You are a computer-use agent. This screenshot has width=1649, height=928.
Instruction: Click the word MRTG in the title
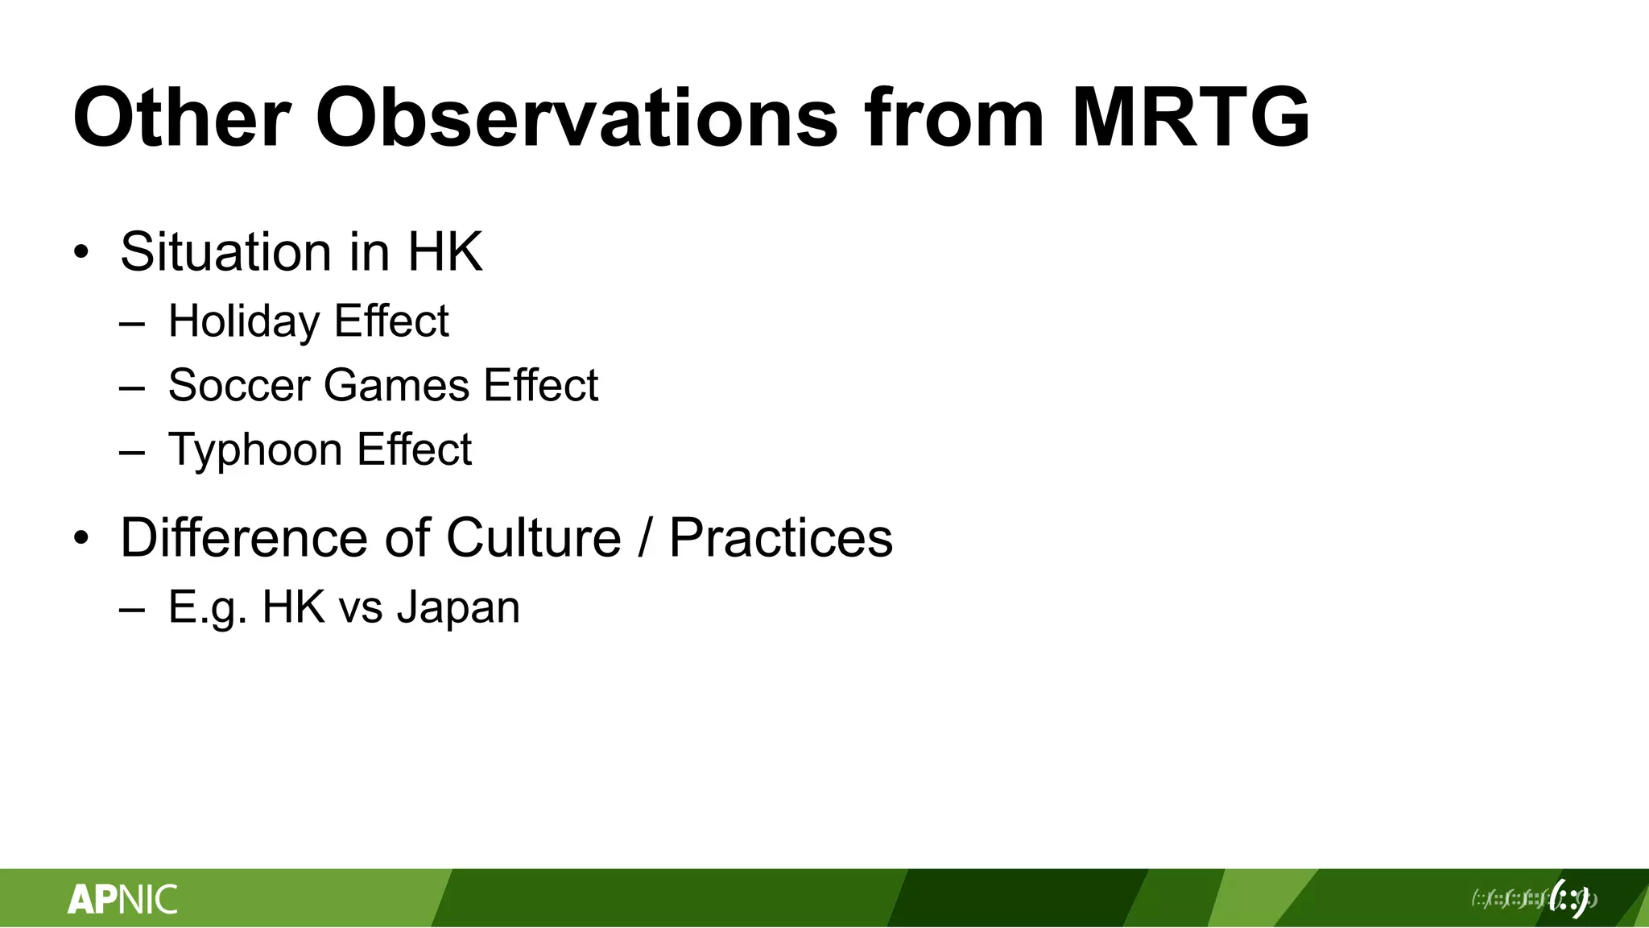(x=1190, y=118)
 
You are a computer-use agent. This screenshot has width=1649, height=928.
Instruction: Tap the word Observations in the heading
(x=577, y=118)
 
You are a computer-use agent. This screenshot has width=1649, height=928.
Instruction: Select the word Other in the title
(x=181, y=118)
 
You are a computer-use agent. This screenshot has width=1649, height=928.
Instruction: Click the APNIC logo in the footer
(x=122, y=899)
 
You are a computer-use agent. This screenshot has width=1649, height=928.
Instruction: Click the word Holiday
(x=244, y=321)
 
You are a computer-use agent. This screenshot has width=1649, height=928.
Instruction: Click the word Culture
(x=533, y=537)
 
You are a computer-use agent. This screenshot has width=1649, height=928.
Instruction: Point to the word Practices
(x=780, y=537)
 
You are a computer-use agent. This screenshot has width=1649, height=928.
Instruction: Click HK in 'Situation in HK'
(x=444, y=252)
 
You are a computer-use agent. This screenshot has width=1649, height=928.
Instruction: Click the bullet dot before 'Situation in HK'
(x=80, y=252)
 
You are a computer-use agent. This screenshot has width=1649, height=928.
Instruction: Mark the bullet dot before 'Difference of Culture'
(x=80, y=537)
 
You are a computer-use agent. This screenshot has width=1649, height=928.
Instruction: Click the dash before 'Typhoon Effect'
(x=131, y=452)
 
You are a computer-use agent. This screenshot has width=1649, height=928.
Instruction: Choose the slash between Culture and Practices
(x=645, y=537)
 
